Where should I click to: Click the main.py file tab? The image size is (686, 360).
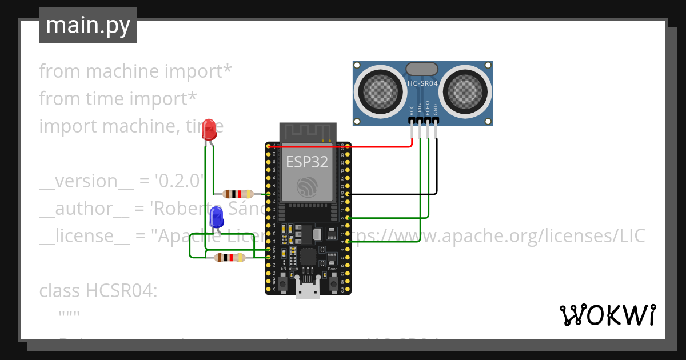click(87, 25)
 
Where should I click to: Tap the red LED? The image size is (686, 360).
click(209, 129)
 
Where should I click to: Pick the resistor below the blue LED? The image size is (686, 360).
click(229, 258)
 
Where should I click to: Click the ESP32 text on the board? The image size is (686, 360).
click(307, 162)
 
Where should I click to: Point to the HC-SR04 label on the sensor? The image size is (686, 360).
click(422, 83)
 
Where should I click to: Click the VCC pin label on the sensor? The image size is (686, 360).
click(412, 110)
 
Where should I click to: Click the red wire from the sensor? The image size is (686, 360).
click(354, 146)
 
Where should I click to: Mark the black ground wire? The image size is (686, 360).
click(400, 194)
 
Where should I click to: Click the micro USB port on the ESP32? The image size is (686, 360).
click(308, 291)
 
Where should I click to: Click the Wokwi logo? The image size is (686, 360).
click(607, 315)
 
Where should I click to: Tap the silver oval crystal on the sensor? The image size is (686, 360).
click(422, 69)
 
